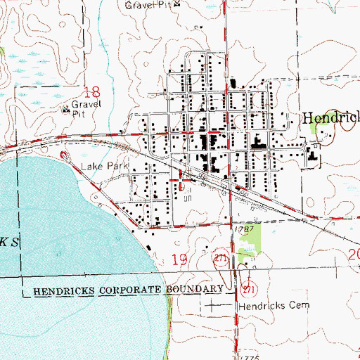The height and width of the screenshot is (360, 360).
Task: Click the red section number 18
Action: [91, 91]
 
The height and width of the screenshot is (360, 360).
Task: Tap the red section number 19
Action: [179, 261]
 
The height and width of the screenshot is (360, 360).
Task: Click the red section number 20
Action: [354, 255]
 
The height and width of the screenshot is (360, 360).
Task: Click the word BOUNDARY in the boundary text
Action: [197, 289]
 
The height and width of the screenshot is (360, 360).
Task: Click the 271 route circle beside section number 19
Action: [221, 260]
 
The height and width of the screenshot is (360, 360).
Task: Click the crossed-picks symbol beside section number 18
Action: [67, 109]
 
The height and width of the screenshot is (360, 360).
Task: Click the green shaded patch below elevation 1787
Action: [250, 238]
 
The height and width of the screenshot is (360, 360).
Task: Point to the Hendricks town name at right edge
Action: [330, 119]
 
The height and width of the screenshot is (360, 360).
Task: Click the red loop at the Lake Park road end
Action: [65, 156]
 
